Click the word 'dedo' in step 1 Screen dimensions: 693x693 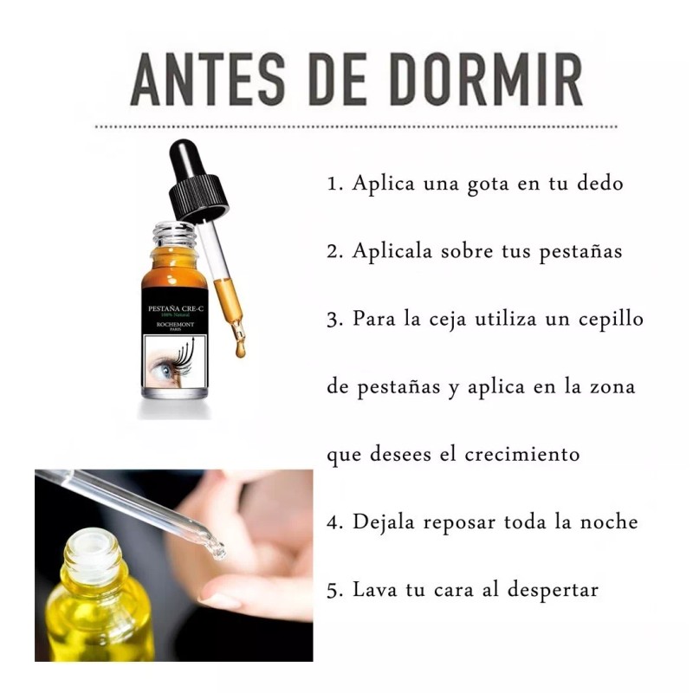click(x=599, y=185)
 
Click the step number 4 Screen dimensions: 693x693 click(x=334, y=522)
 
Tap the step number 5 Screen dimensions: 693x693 click(x=334, y=590)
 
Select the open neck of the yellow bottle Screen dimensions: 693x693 click(x=92, y=546)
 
